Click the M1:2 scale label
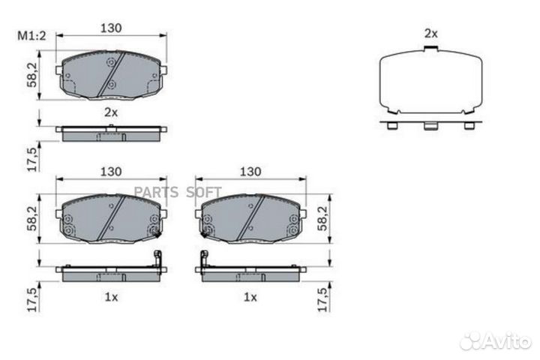coord(31,35)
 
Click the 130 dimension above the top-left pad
coord(111,28)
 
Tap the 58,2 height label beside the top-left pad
coord(33,75)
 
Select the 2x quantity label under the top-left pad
coord(111,112)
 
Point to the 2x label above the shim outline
coord(430,34)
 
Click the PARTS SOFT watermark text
coord(178,192)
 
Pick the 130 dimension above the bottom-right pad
coord(250,171)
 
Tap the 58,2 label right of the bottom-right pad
coord(323,219)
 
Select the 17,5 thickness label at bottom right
coord(323,300)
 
